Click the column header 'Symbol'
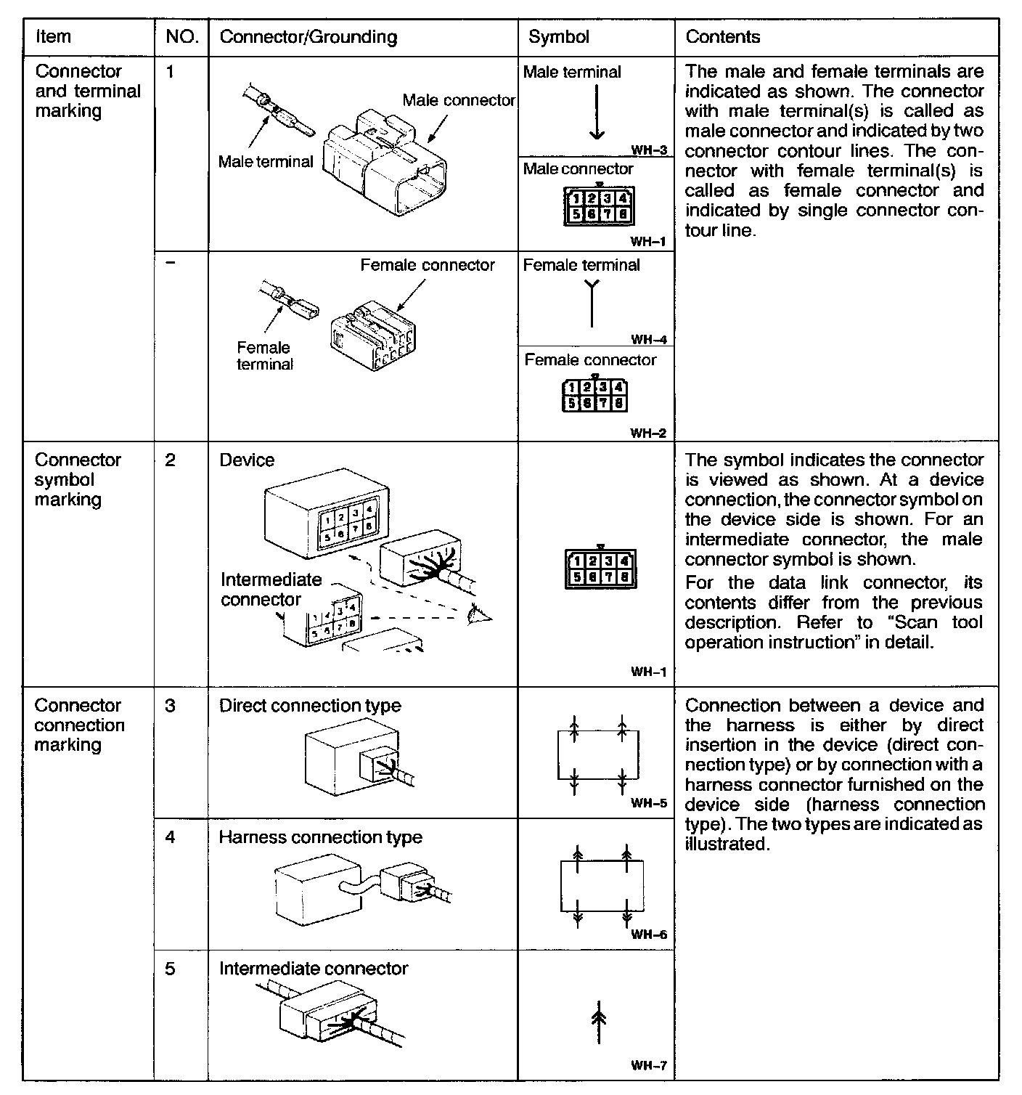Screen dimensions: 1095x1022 (x=558, y=37)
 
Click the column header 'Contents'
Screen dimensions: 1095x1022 (x=722, y=37)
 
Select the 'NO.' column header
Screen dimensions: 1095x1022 (x=181, y=37)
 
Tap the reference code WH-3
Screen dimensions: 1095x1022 (x=648, y=151)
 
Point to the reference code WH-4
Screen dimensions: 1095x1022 (x=648, y=339)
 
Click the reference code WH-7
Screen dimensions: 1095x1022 (x=648, y=1066)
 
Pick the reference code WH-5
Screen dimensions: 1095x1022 (x=648, y=803)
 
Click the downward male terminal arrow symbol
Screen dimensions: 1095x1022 (x=596, y=113)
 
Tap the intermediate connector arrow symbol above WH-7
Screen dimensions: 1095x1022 (x=599, y=1020)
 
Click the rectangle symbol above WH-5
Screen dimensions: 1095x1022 (x=598, y=755)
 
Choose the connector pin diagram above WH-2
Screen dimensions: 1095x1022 (x=594, y=394)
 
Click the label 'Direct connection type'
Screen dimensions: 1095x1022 (x=310, y=706)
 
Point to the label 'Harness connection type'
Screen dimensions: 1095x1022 (x=320, y=837)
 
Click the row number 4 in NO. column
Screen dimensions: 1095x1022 (x=170, y=837)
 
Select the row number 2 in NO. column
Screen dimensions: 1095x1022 (x=170, y=460)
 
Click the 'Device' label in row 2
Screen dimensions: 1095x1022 (x=247, y=460)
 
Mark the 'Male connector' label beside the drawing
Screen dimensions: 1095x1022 (x=459, y=100)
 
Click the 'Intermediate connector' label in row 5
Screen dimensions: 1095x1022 (x=314, y=969)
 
